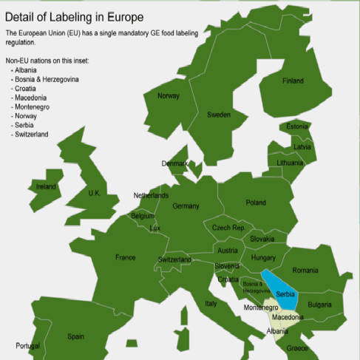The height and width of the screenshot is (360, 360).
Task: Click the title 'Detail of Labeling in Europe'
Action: tap(74, 16)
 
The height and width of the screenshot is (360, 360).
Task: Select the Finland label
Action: tap(293, 81)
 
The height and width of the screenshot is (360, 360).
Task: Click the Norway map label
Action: tap(169, 95)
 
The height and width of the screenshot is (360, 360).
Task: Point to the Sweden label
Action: tap(218, 115)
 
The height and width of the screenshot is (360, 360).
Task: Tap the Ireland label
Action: tap(46, 187)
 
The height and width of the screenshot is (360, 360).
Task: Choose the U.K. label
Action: tap(94, 193)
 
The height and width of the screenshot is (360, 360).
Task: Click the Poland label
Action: tap(256, 203)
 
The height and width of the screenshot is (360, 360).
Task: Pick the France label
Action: tap(126, 257)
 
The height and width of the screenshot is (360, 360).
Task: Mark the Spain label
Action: tap(75, 336)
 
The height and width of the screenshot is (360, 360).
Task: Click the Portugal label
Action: tap(28, 346)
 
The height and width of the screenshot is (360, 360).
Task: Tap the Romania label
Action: tap(305, 271)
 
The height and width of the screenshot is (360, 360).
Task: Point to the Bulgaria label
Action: tap(319, 305)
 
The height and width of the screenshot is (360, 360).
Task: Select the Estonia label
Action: tap(297, 126)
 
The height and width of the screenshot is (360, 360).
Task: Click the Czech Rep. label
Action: tap(228, 228)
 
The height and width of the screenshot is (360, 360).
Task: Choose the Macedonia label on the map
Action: tap(288, 317)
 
